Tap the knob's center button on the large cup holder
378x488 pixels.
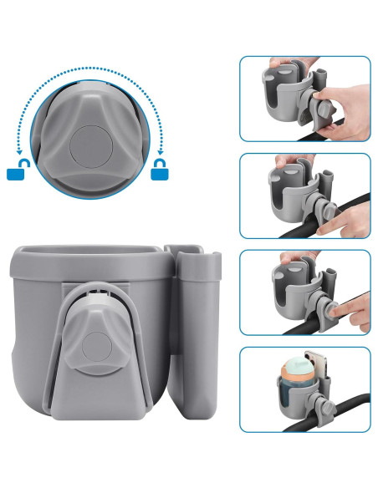pos(97,348)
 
